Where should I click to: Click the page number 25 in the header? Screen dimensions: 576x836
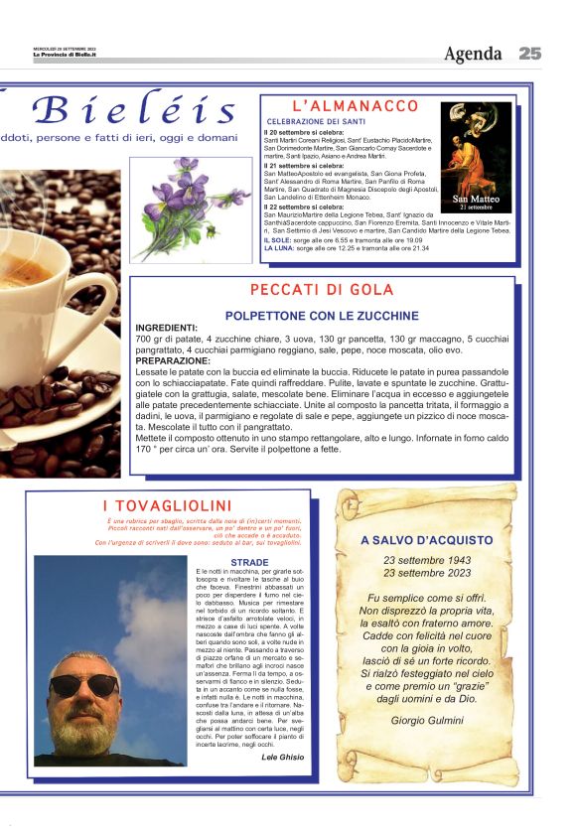tap(529, 54)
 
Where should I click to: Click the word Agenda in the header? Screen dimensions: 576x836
tap(473, 54)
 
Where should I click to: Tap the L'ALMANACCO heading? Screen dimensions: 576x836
tap(355, 106)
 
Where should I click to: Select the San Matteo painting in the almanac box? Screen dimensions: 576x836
tap(476, 159)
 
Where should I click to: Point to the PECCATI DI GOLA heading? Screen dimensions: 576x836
tap(322, 290)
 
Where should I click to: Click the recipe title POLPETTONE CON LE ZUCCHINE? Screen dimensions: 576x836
tap(322, 315)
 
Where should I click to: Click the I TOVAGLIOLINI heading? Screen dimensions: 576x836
tap(167, 507)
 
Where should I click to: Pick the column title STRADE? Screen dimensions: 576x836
tap(249, 562)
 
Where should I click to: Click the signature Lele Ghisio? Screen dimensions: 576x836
tap(282, 757)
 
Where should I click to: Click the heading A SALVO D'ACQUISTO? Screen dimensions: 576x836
tap(426, 540)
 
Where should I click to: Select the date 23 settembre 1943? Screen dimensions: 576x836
tap(427, 560)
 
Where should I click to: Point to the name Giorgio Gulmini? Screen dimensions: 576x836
tap(427, 720)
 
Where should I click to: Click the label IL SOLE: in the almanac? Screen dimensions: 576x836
tap(278, 240)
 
